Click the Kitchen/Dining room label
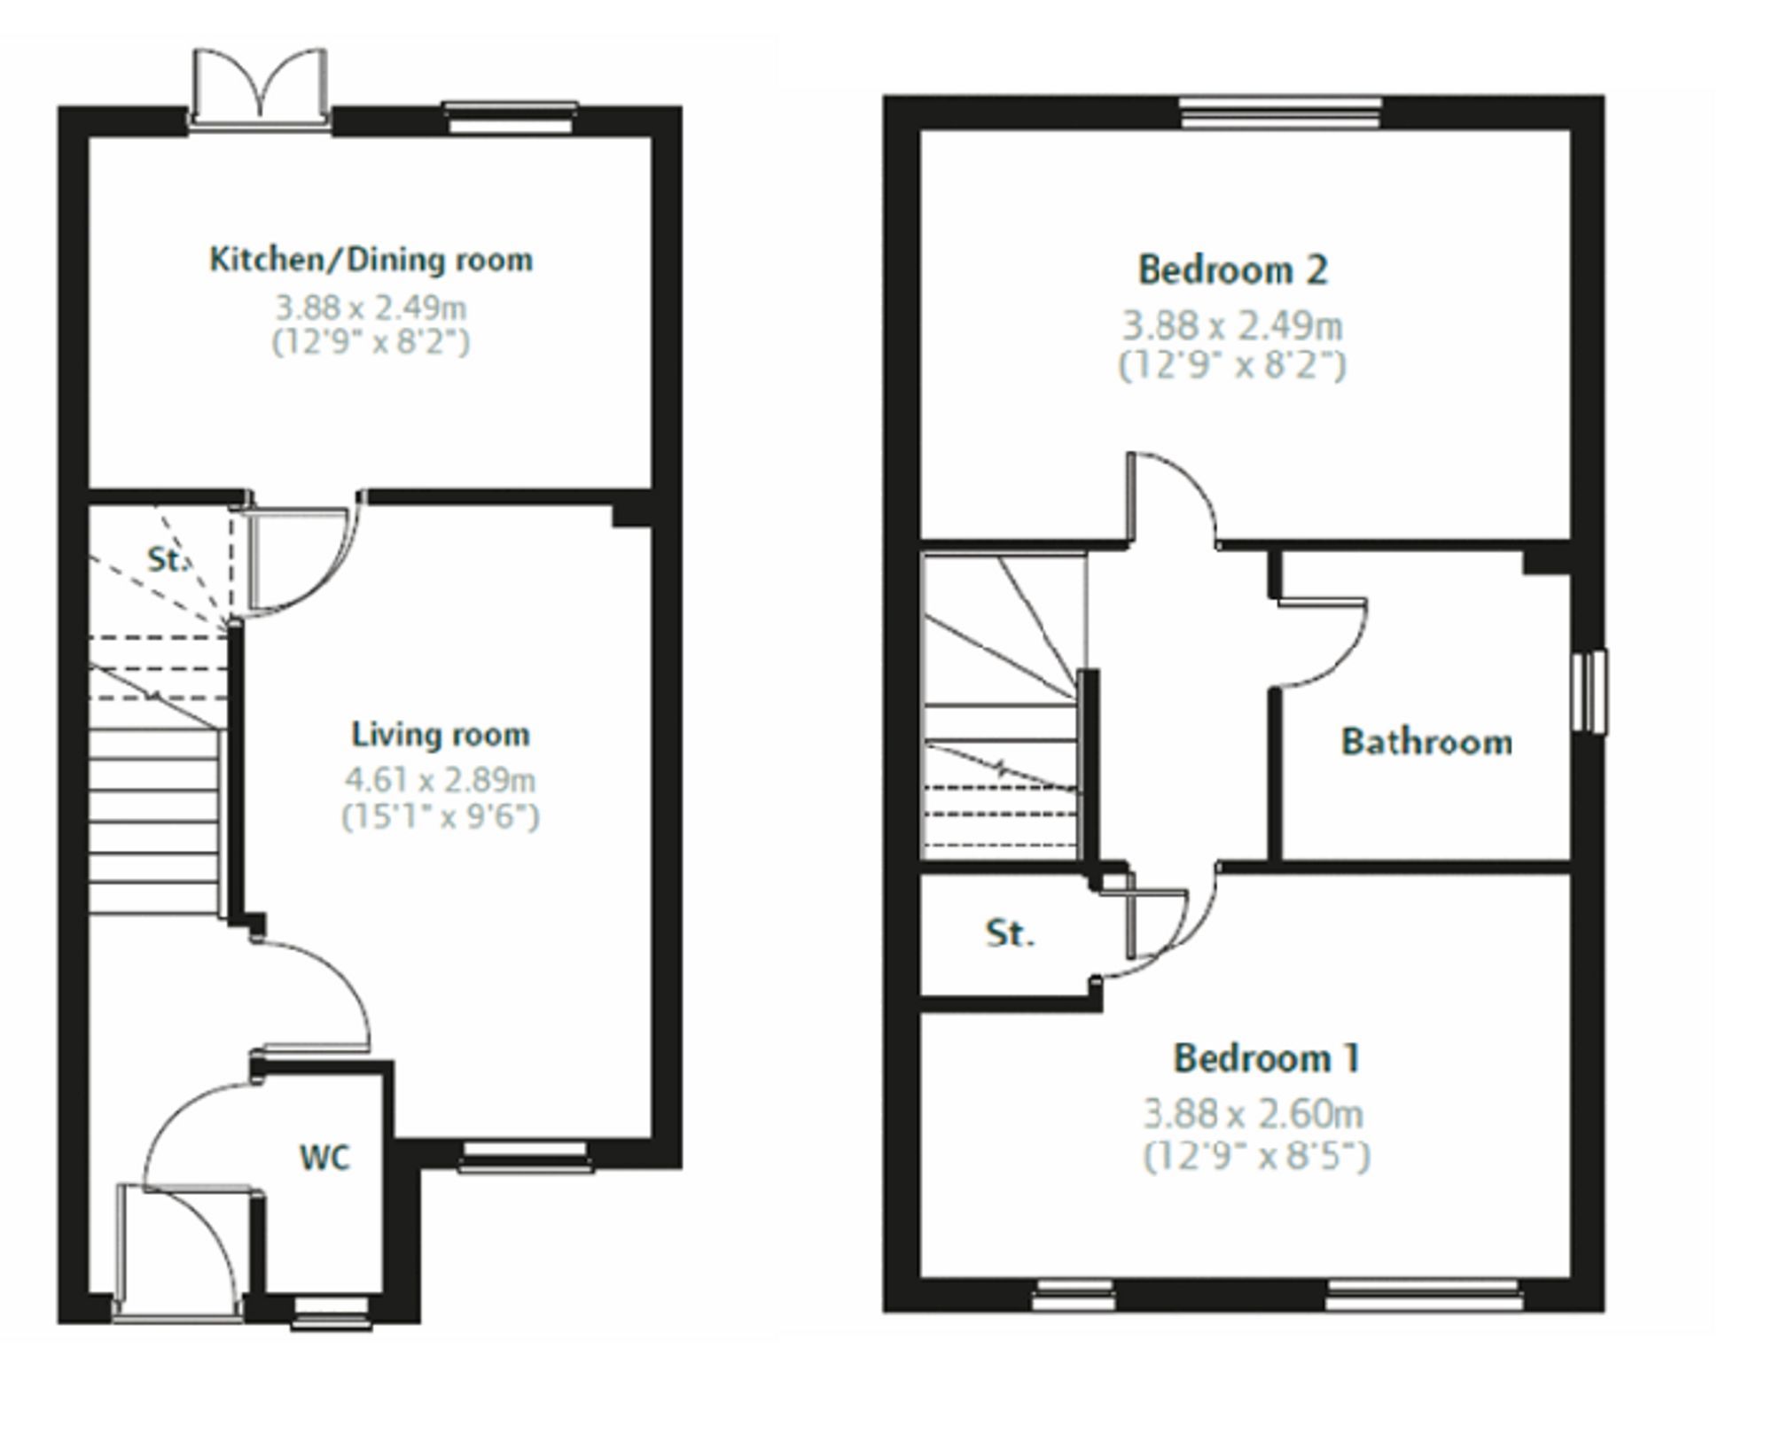(371, 260)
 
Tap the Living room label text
(441, 734)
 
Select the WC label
(324, 1158)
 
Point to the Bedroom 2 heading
(1232, 270)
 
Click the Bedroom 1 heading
(1267, 1058)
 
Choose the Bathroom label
(1425, 742)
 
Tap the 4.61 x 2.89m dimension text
(441, 780)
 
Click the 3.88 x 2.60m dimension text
(1253, 1114)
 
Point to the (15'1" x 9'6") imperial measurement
(441, 815)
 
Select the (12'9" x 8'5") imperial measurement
(1256, 1156)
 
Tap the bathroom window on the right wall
(1589, 691)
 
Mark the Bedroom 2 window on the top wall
(1280, 113)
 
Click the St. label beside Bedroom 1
(1010, 933)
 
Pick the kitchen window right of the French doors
(510, 119)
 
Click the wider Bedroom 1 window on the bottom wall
(1424, 1295)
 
